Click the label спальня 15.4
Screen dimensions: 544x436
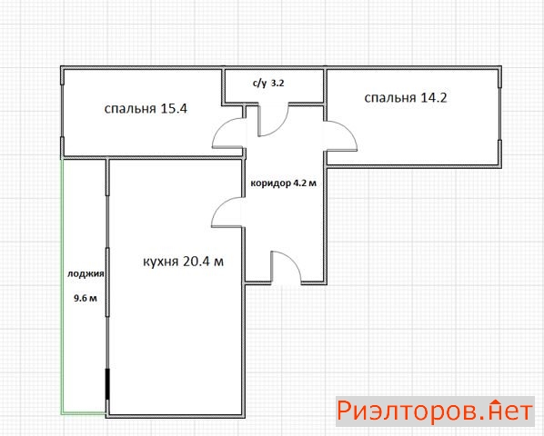[146, 109]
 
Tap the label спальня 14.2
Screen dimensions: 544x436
[406, 98]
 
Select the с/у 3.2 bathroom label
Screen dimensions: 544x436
[268, 84]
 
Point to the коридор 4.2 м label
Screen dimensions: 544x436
[284, 183]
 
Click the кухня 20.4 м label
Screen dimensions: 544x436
[183, 262]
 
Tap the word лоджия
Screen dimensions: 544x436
[86, 274]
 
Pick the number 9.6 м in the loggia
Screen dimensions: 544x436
[86, 298]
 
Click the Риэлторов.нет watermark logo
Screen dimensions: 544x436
[435, 411]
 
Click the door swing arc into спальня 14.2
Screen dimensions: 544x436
[348, 129]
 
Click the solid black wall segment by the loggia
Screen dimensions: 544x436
[107, 384]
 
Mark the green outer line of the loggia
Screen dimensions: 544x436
[63, 287]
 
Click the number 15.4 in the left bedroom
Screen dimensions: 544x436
[174, 108]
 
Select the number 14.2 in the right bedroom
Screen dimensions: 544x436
[434, 98]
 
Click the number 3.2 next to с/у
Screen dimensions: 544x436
[277, 84]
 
